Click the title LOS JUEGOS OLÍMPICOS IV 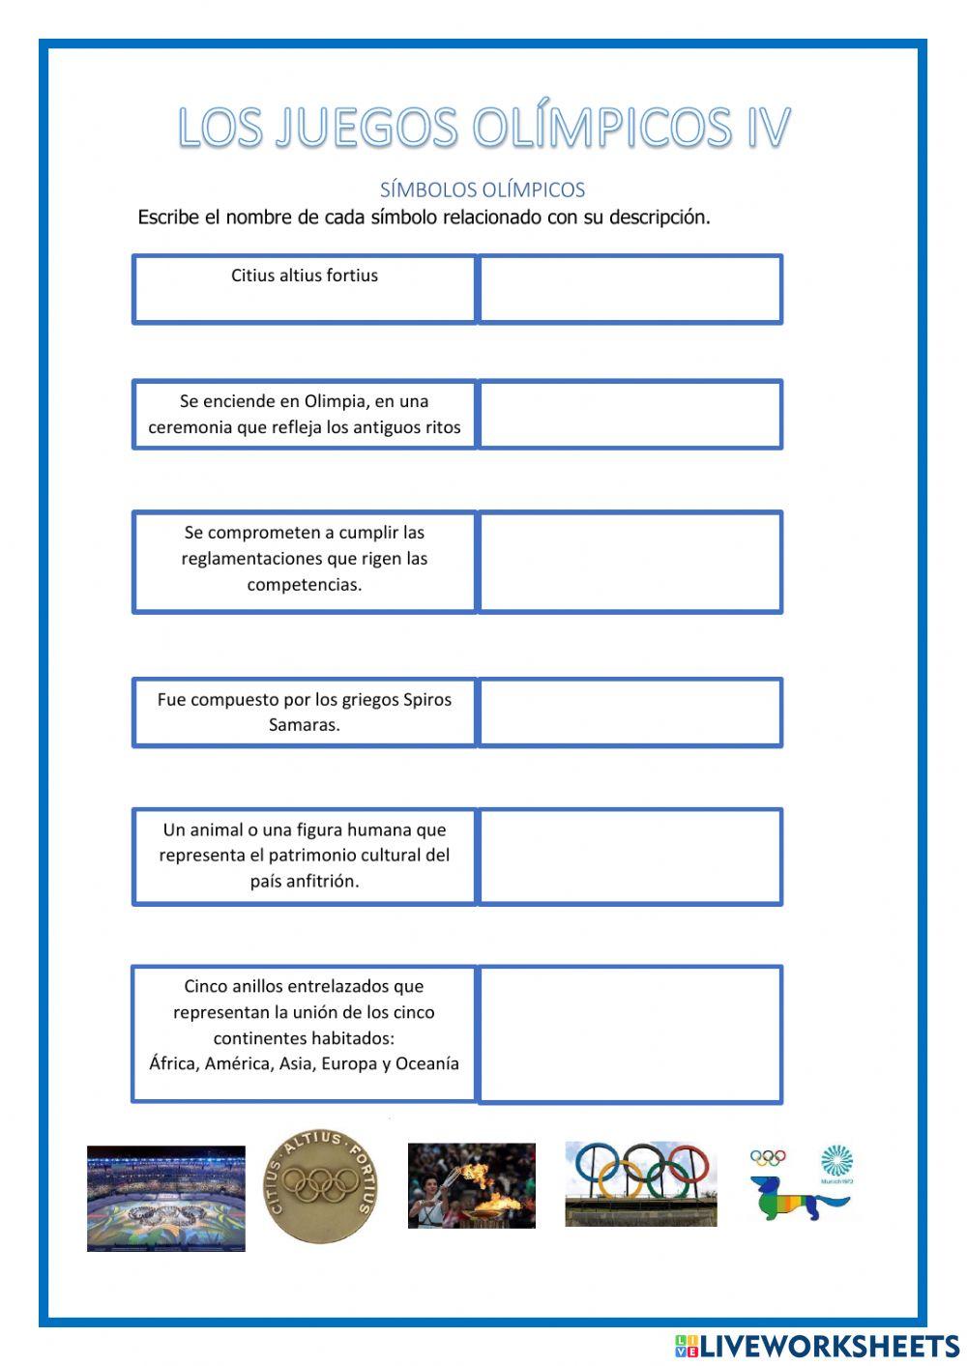(x=483, y=128)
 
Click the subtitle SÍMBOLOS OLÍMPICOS (x=483, y=189)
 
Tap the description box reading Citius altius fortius (x=305, y=288)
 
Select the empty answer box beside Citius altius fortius (x=630, y=288)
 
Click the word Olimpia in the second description (x=335, y=401)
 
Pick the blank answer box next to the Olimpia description (x=630, y=414)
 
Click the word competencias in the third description (x=305, y=585)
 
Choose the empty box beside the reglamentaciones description (x=630, y=562)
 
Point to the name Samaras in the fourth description (x=305, y=725)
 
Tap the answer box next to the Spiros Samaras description (x=630, y=712)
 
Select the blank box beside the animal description (x=630, y=857)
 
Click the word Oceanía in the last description (x=427, y=1063)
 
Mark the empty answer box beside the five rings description (x=630, y=1034)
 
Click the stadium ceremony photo (x=165, y=1199)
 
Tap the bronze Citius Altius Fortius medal (x=322, y=1187)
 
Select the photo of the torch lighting (x=471, y=1186)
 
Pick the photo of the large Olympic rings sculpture (x=641, y=1183)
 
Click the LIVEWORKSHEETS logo (x=817, y=1346)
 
